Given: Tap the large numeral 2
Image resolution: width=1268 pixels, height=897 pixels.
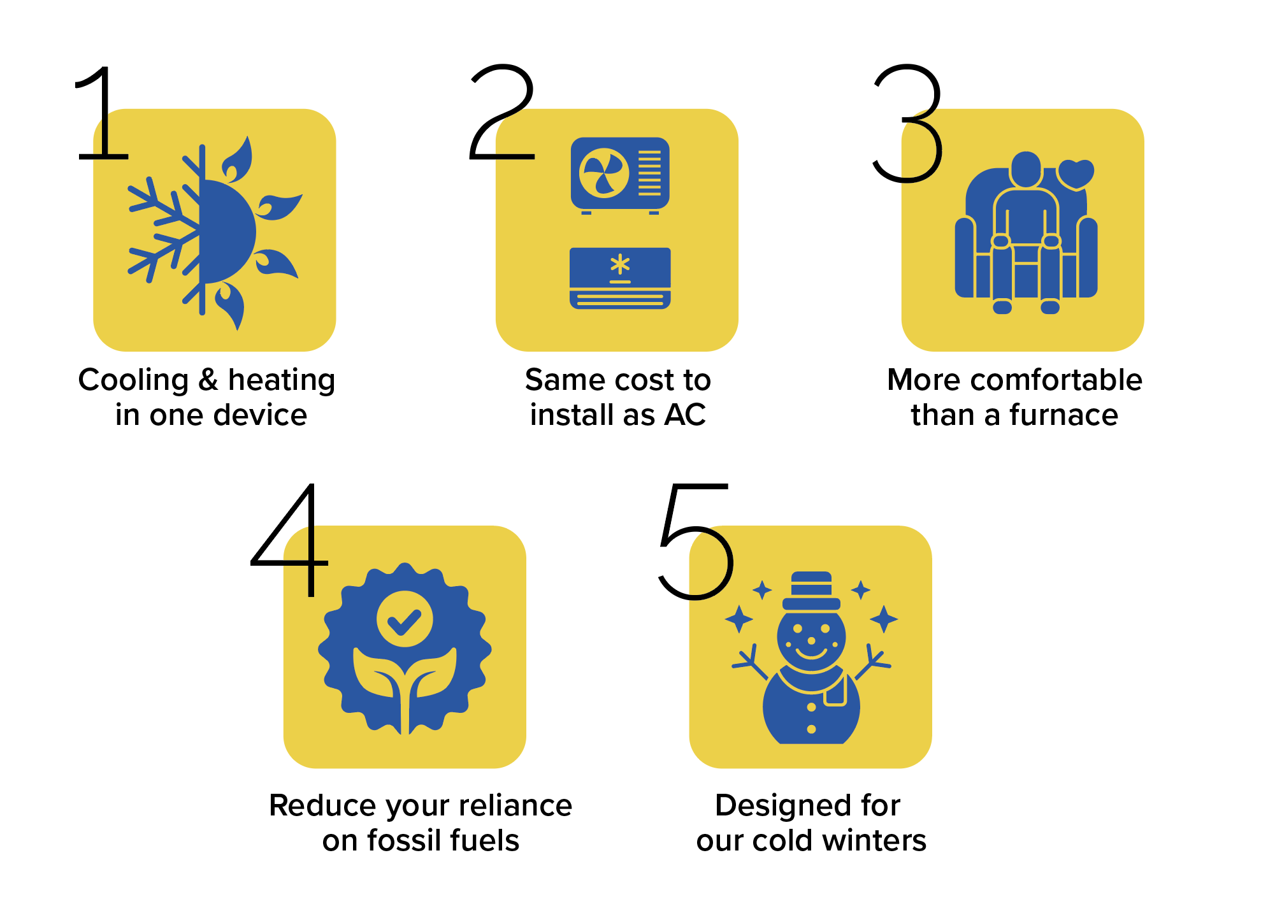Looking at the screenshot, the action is coord(502,111).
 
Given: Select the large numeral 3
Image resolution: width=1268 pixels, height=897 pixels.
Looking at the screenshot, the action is coord(907,123).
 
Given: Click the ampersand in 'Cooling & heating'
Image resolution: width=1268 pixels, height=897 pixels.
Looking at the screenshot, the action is coord(208,380).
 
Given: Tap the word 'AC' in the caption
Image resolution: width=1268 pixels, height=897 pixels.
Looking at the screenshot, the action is coord(685,415).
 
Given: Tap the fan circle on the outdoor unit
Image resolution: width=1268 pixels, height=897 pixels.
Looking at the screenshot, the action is coord(604,173).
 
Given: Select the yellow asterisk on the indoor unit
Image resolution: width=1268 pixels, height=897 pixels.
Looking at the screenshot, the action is coord(620,264).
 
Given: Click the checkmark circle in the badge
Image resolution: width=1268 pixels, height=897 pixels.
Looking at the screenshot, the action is coord(405,619).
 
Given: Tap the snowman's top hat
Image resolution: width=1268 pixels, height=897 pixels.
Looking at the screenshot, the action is coord(811,591).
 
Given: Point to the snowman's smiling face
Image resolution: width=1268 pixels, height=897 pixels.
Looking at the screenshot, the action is coord(811,637).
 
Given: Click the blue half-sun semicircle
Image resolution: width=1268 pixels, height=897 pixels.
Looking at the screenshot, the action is coord(227,231).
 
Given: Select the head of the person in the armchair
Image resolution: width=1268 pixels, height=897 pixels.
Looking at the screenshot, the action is coord(1026,169).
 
